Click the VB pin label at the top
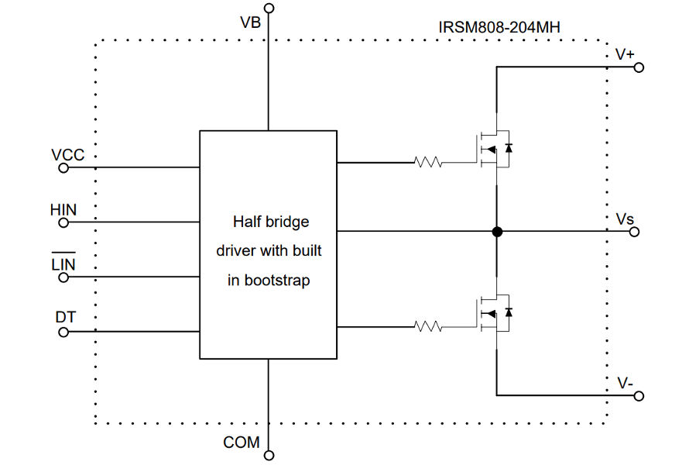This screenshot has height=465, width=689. [250, 22]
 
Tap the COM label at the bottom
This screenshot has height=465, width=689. [242, 443]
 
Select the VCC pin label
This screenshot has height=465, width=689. [67, 154]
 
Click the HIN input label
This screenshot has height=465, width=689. [63, 209]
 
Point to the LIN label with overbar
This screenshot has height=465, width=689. [63, 264]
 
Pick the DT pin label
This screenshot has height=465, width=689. [65, 318]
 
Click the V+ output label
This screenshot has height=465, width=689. [625, 54]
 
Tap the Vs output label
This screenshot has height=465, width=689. [625, 219]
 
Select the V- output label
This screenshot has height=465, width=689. [626, 383]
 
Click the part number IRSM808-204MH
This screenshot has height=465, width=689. [499, 27]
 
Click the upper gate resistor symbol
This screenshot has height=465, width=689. [428, 163]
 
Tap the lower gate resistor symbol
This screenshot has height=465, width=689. [428, 327]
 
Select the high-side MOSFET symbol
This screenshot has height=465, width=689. [494, 148]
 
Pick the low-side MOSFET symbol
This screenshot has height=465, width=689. [494, 312]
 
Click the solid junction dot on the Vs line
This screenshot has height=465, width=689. [497, 231]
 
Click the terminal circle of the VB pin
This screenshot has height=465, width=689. [269, 9]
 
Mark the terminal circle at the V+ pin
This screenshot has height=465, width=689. [639, 67]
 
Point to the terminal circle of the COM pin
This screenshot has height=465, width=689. [269, 456]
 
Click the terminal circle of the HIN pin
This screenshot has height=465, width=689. [63, 222]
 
